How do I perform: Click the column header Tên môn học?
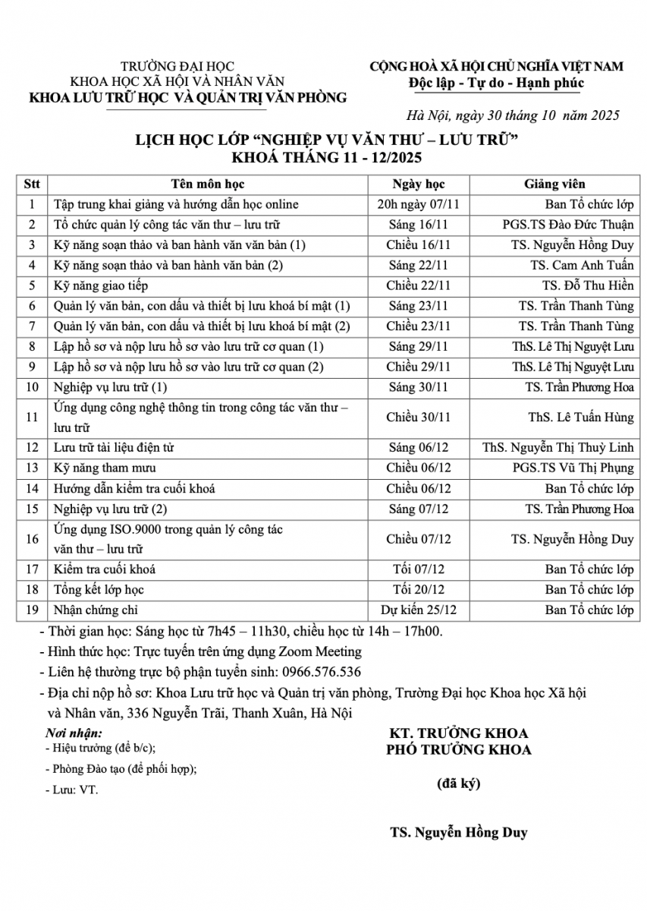[207, 184]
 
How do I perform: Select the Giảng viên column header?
[554, 184]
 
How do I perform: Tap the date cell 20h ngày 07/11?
[419, 204]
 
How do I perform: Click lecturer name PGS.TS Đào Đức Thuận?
[567, 225]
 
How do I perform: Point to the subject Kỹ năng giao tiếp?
[101, 286]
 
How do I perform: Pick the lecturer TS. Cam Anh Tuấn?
[582, 266]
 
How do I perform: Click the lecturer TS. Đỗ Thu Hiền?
[588, 286]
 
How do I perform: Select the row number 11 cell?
[32, 418]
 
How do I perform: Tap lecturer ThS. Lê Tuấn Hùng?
[581, 418]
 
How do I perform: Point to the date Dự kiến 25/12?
[419, 610]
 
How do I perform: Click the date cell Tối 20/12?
[419, 590]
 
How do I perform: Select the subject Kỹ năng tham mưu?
[105, 468]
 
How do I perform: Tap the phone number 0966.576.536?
[321, 672]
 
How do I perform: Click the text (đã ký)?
[458, 784]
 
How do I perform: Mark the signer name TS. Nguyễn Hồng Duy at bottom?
[459, 833]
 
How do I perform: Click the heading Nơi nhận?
[73, 733]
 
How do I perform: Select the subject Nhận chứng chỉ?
[96, 610]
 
